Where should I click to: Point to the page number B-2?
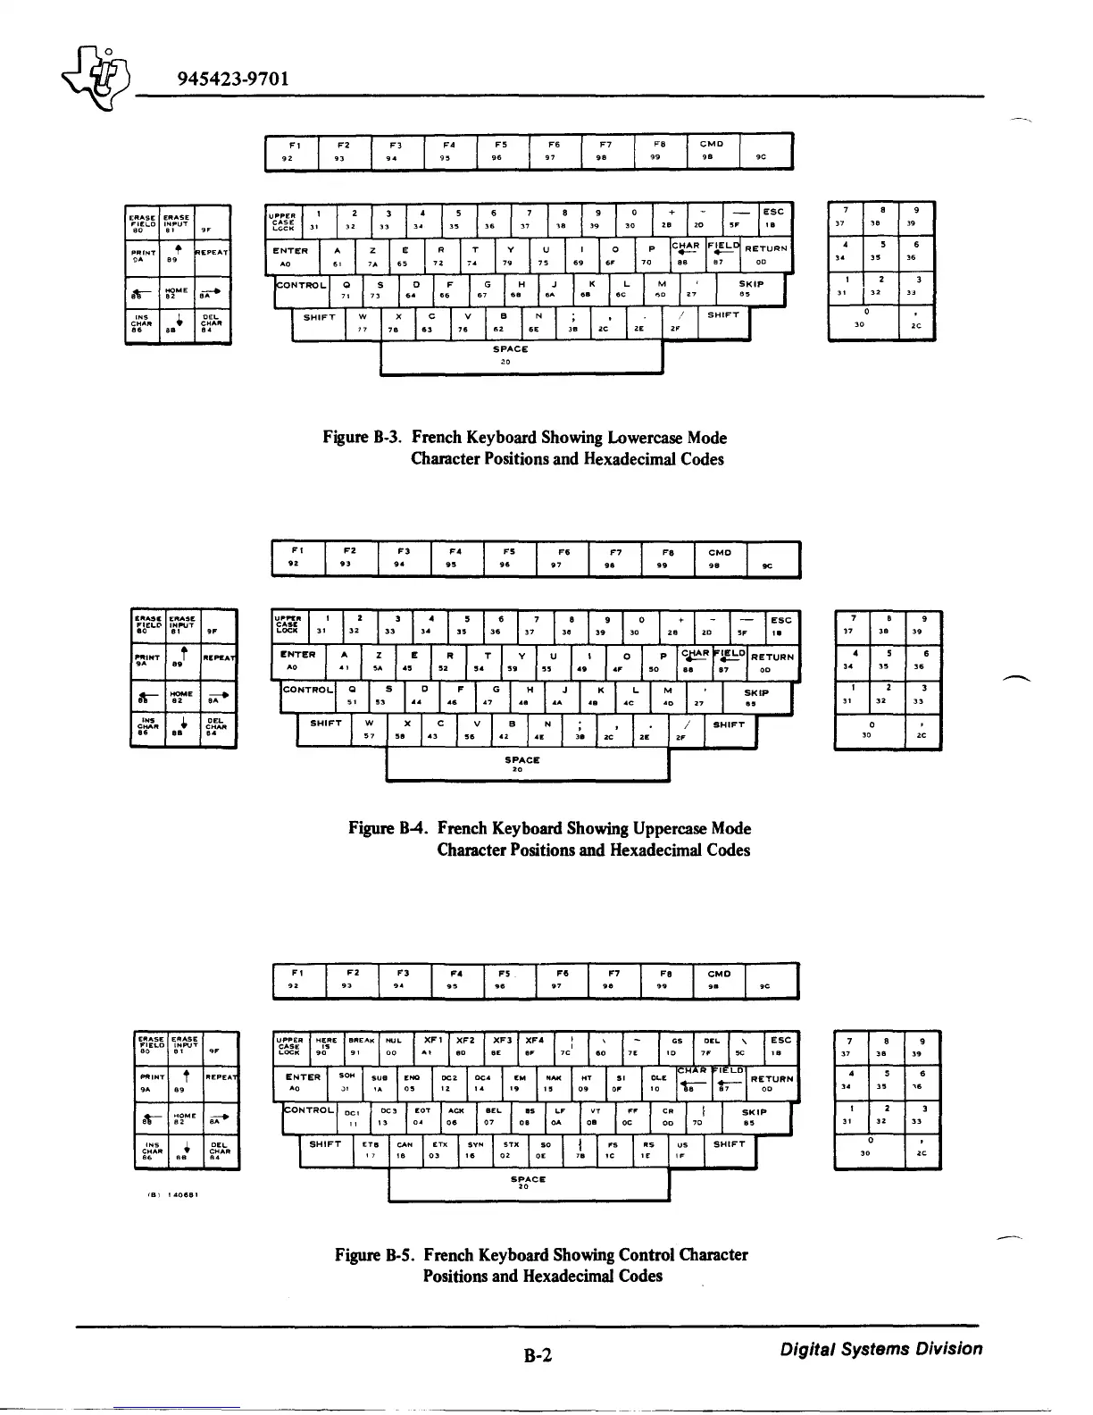coord(538,1356)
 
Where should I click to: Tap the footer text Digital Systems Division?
coord(880,1349)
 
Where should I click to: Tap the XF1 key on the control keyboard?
coord(433,1045)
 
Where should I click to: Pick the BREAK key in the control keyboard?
coord(362,1045)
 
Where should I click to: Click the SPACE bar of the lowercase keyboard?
coord(521,356)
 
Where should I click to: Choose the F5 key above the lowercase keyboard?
coord(501,149)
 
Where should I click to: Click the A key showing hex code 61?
coord(337,255)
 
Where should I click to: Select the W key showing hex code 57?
coord(369,729)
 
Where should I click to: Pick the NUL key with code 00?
coord(392,1045)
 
